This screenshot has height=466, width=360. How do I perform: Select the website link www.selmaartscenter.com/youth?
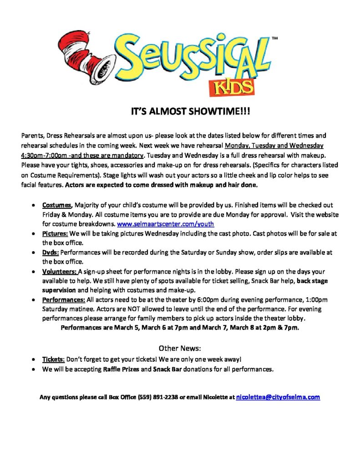pos(166,224)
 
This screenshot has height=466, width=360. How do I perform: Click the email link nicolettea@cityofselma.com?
pos(278,397)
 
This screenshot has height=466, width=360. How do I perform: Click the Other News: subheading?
pos(179,349)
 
